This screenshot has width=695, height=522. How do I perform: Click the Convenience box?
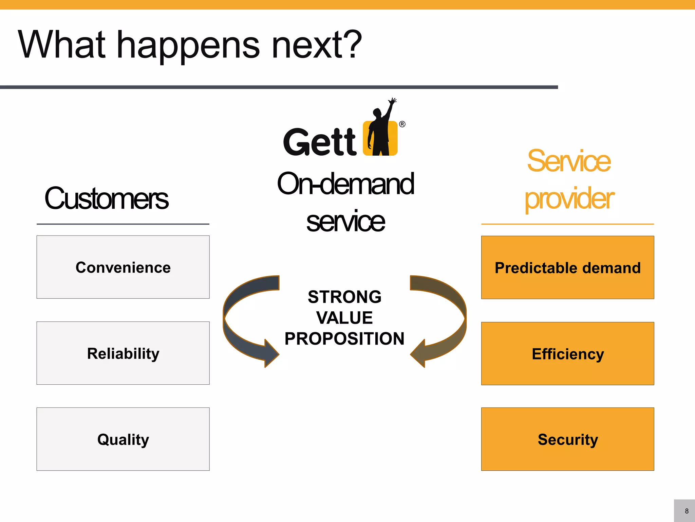(x=123, y=267)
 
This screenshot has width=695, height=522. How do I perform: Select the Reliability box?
(x=123, y=353)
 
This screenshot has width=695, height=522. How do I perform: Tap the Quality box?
(x=123, y=439)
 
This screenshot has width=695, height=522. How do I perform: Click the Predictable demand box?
(x=567, y=267)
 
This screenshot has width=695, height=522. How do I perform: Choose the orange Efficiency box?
(x=567, y=353)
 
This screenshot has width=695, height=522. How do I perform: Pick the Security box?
(x=567, y=439)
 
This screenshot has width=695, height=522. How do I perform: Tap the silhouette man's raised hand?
(x=393, y=101)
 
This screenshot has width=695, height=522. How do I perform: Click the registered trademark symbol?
(x=402, y=124)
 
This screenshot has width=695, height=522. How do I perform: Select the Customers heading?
(x=106, y=198)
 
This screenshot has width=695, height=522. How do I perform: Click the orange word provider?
(x=569, y=198)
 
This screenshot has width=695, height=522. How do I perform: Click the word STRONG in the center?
(x=344, y=297)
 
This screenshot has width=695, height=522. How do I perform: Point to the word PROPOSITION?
(x=344, y=338)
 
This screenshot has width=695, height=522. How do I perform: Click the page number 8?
(x=687, y=511)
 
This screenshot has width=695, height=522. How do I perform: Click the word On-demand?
(x=345, y=184)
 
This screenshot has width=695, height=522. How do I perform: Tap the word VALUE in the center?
(x=344, y=318)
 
